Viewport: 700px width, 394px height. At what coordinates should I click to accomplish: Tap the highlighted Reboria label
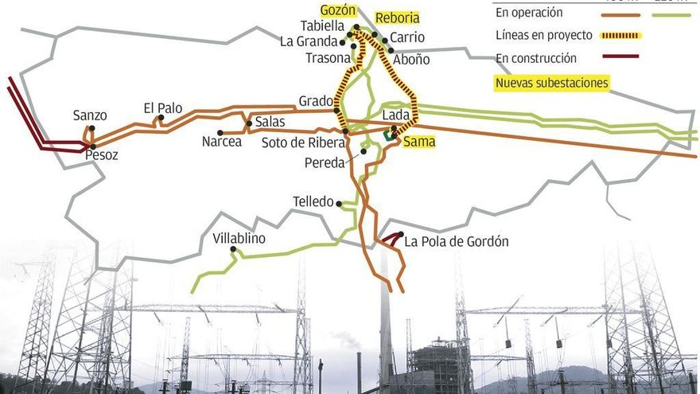point(397,18)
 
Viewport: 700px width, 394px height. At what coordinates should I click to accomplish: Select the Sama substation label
point(419,142)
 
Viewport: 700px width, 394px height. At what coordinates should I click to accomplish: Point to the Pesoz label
point(102,155)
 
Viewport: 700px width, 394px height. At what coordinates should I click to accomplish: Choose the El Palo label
point(162,107)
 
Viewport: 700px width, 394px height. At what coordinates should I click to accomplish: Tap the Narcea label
point(221,142)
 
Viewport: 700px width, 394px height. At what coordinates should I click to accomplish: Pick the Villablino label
point(239,238)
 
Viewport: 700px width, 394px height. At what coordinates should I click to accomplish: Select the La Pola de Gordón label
point(456,242)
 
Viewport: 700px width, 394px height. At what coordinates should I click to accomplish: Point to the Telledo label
point(313,201)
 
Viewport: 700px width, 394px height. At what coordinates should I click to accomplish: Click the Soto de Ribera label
point(303,143)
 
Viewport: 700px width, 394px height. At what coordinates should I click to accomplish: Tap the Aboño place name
point(411,59)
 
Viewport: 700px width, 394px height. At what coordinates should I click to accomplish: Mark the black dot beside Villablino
point(234,249)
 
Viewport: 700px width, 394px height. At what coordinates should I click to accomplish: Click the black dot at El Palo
point(161,118)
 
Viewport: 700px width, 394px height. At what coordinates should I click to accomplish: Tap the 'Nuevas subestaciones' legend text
point(551,83)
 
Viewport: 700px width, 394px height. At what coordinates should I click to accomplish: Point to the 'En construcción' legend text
point(535,58)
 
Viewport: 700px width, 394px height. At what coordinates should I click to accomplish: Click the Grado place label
point(315,101)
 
